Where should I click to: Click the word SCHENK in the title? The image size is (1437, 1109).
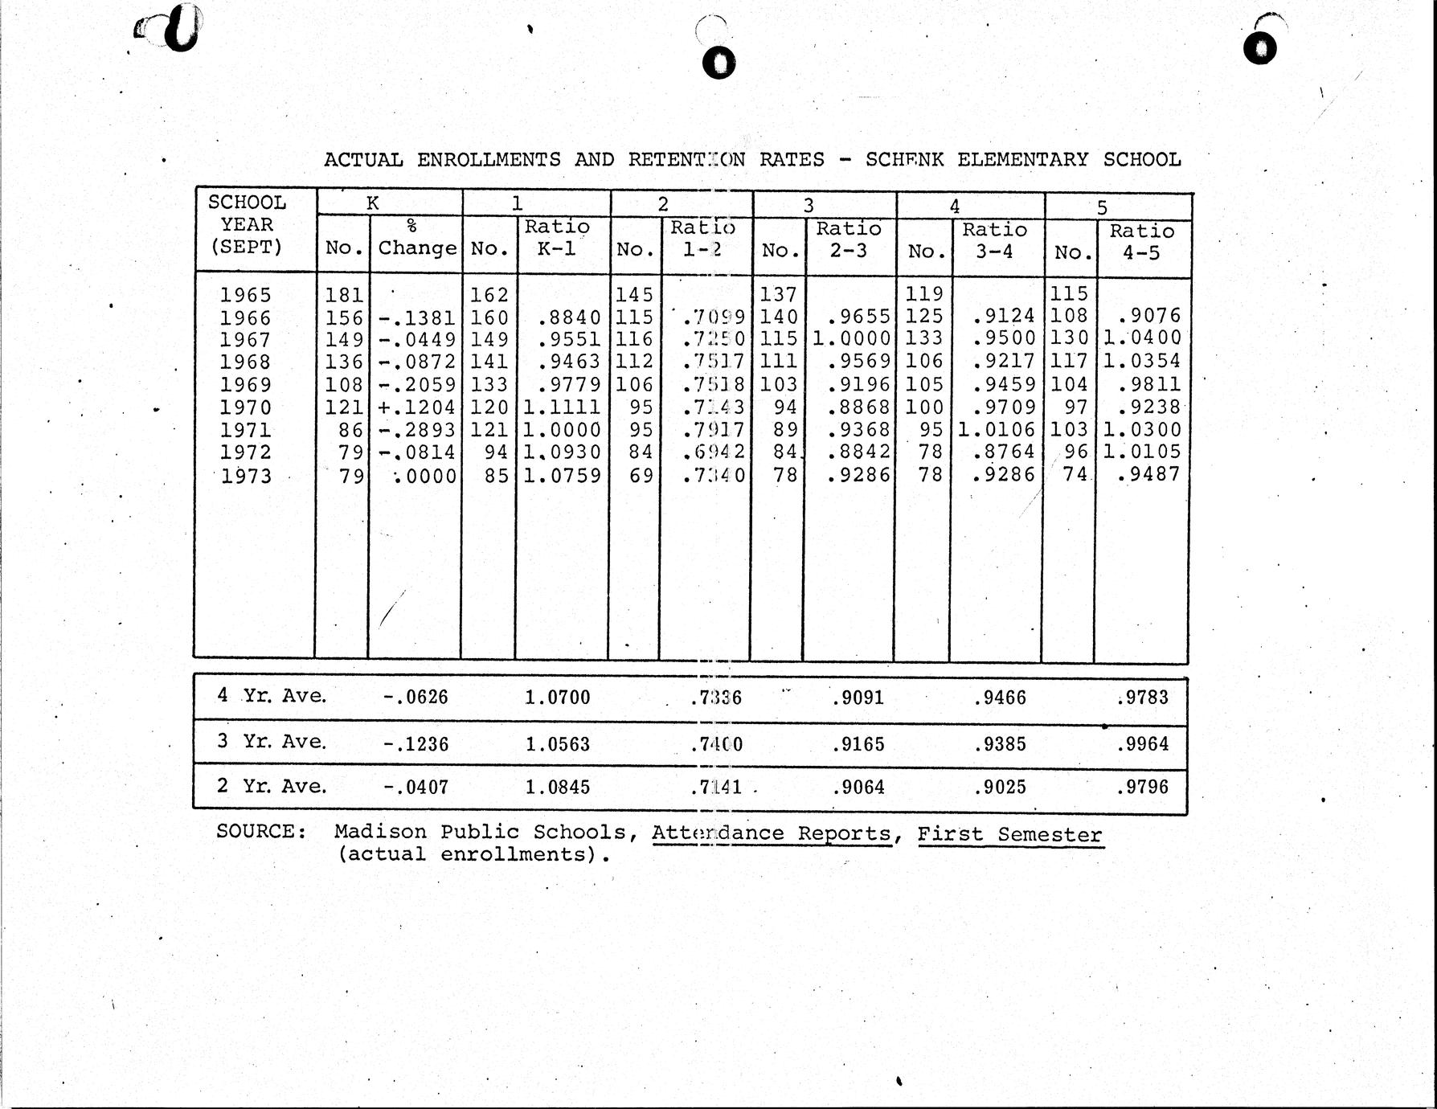tap(904, 159)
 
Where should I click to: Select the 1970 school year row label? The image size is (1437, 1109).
tap(246, 407)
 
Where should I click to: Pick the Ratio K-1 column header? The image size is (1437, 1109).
tap(557, 237)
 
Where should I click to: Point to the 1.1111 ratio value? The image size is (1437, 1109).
tap(562, 407)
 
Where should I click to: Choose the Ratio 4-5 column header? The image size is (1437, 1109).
tap(1141, 241)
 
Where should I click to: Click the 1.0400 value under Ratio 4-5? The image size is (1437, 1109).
tap(1142, 338)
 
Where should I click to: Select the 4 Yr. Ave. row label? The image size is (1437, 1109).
tap(272, 695)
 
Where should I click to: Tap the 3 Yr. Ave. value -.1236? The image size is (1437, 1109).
tap(416, 744)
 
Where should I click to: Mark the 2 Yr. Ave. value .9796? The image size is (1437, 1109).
tap(1142, 787)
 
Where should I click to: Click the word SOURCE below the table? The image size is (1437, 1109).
tap(260, 831)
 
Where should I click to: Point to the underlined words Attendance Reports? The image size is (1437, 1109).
tap(772, 833)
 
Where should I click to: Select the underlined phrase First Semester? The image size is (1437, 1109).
tap(1009, 835)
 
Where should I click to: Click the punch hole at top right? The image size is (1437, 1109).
tap(1260, 47)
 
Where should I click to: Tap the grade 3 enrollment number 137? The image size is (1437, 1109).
tap(777, 295)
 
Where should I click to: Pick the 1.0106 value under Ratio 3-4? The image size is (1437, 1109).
tap(996, 430)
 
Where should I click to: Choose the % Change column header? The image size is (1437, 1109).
tap(416, 239)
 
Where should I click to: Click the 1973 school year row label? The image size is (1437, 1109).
tap(246, 477)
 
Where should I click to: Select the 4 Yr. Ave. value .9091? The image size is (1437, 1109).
tap(858, 698)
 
